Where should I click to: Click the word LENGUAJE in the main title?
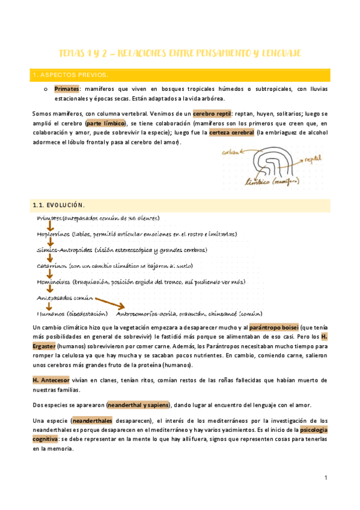pyautogui.click(x=279, y=53)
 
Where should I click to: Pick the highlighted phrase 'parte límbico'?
pyautogui.click(x=106, y=123)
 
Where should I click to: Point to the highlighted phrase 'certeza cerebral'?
pyautogui.click(x=230, y=133)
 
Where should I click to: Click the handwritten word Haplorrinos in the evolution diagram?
pyautogui.click(x=52, y=234)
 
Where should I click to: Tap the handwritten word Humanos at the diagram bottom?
pyautogui.click(x=51, y=313)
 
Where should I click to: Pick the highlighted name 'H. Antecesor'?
pyautogui.click(x=52, y=380)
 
